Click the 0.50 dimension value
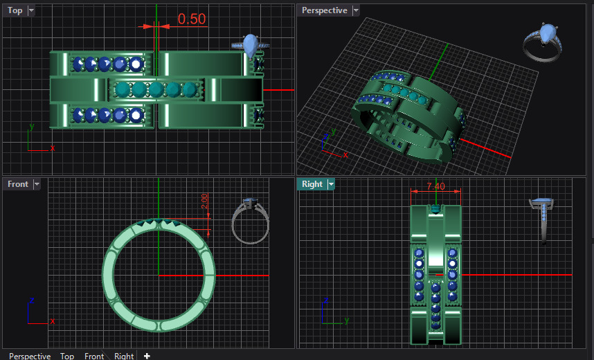tap(192, 19)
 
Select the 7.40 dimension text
tap(435, 186)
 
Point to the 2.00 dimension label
tap(204, 203)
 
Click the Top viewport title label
tap(15, 10)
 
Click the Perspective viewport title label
tap(324, 10)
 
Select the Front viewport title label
tap(17, 184)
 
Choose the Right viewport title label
tap(312, 184)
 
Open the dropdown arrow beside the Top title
tap(30, 10)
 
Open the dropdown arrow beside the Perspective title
tap(356, 10)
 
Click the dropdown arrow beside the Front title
tap(36, 184)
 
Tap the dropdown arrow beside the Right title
tap(331, 184)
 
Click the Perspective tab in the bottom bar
tap(30, 356)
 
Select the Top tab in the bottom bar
tap(67, 356)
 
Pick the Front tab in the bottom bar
tap(94, 356)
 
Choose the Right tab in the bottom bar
tap(124, 356)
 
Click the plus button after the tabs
tap(147, 356)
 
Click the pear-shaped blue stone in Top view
tap(250, 45)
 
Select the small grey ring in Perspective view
tap(544, 42)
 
